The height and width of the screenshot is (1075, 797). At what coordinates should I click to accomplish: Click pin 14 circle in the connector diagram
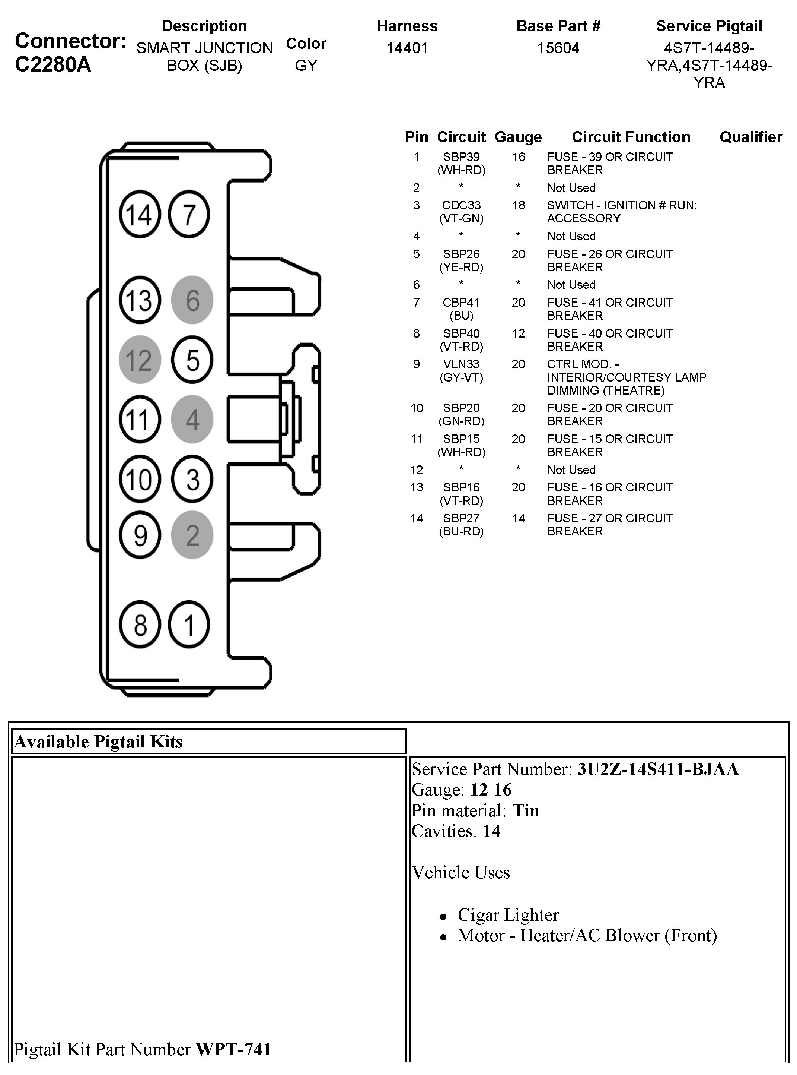point(140,214)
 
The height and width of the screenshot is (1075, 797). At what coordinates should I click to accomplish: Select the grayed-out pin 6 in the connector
point(192,300)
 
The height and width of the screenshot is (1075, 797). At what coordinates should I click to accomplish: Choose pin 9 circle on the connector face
point(140,535)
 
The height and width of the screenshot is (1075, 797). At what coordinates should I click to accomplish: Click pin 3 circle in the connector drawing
point(192,480)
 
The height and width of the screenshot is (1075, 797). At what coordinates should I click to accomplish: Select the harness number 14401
point(407,48)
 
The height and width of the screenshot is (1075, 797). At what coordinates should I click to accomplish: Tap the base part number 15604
point(558,48)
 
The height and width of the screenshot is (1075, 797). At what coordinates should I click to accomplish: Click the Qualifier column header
point(751,137)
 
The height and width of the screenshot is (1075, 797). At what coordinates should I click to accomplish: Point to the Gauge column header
point(518,137)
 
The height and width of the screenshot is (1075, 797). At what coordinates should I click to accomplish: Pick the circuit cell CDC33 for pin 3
point(461,206)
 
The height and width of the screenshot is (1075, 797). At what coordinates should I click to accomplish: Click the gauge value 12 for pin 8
point(518,333)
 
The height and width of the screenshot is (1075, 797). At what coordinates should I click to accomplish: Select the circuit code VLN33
point(461,364)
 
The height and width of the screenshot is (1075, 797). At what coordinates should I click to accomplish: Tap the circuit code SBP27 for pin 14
point(461,518)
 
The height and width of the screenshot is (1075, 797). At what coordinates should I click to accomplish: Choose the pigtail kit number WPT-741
point(233,1049)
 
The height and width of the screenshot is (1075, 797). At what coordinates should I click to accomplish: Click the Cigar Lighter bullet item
point(508,915)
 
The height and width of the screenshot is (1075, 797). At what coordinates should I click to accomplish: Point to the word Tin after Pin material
point(525,811)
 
